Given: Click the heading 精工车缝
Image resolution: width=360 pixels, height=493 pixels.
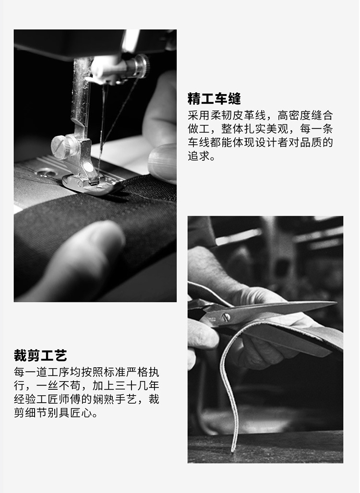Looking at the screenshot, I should click(214, 99).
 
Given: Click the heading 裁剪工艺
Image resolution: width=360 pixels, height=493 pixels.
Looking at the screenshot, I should click(40, 356).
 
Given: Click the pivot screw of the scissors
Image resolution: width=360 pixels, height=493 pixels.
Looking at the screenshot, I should click(226, 317).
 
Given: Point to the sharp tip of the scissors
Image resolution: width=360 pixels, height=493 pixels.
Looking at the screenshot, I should click(335, 303).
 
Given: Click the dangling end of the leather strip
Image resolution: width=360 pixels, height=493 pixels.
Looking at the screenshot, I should click(233, 449).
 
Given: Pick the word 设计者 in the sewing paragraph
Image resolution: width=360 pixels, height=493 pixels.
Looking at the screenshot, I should click(280, 143).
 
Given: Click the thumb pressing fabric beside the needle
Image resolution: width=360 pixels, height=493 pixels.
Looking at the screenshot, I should click(161, 161).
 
